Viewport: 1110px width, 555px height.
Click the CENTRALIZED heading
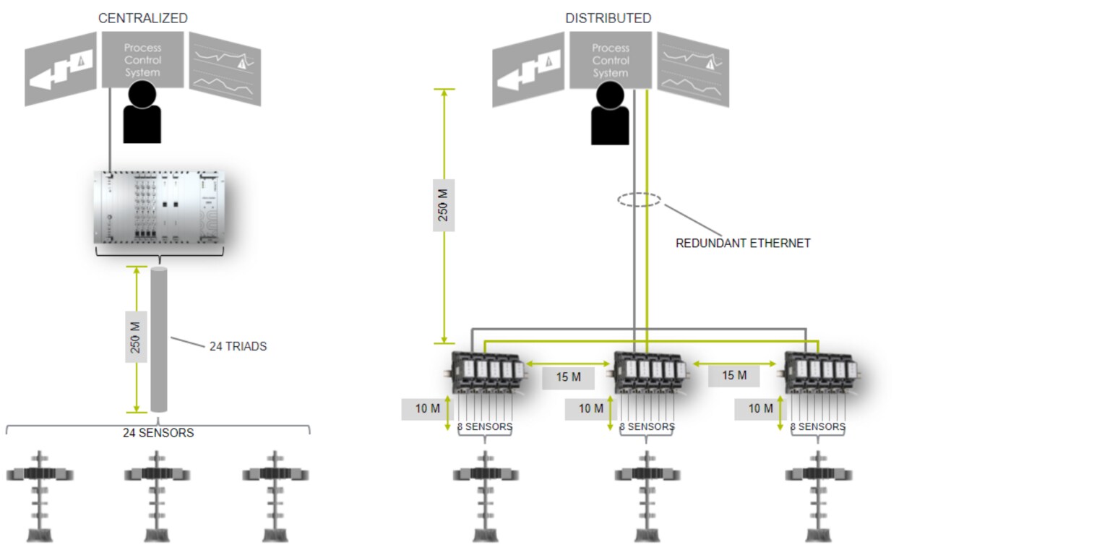[142, 18]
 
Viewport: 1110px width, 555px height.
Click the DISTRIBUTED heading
[608, 18]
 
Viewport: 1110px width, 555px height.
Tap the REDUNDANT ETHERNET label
[743, 244]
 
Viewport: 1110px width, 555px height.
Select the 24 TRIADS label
[238, 346]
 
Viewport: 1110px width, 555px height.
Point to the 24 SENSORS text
[158, 433]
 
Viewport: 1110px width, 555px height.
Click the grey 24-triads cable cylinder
[159, 340]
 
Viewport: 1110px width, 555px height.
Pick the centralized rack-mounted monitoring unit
[160, 207]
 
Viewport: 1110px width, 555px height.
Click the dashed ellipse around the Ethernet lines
[640, 200]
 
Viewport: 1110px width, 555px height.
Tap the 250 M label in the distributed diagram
[444, 205]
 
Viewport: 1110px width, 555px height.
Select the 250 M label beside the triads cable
[136, 337]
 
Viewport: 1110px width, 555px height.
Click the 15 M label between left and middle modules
[568, 377]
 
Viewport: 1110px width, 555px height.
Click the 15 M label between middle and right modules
[733, 376]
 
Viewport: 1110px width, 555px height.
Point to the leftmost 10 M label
[427, 409]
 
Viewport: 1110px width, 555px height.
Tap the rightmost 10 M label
[760, 409]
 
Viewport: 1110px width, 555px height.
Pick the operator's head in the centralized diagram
[142, 95]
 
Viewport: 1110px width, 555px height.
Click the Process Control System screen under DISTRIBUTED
[611, 60]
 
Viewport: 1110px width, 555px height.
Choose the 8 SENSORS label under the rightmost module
[817, 427]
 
